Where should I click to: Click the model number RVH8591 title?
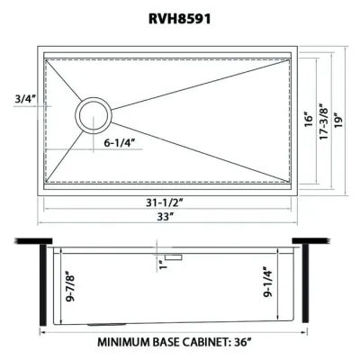pos(180,15)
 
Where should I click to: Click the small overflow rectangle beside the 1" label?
pos(173,257)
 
